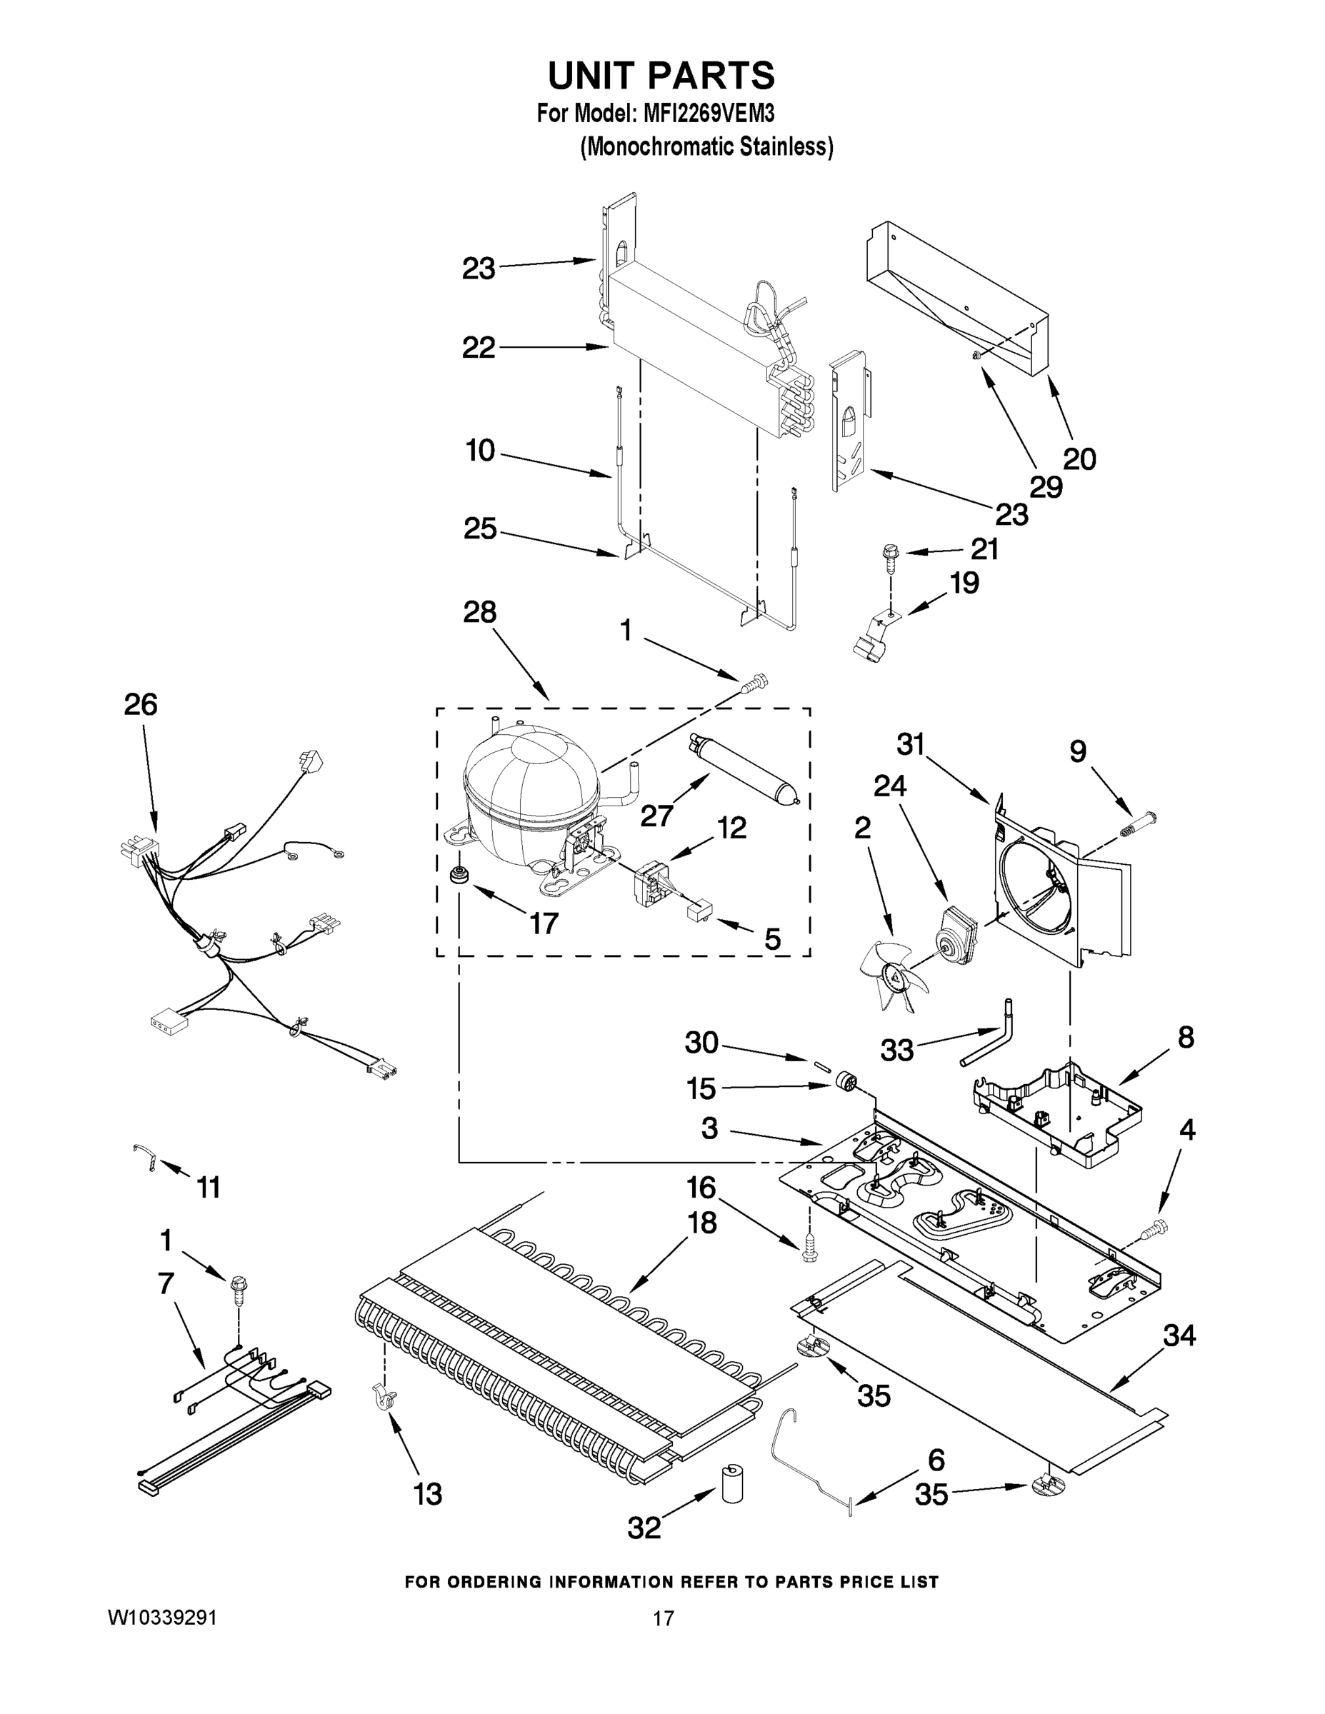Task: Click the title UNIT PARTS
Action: (x=661, y=76)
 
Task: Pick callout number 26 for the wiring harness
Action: (x=141, y=705)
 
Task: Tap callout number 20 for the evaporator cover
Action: (x=1079, y=458)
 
